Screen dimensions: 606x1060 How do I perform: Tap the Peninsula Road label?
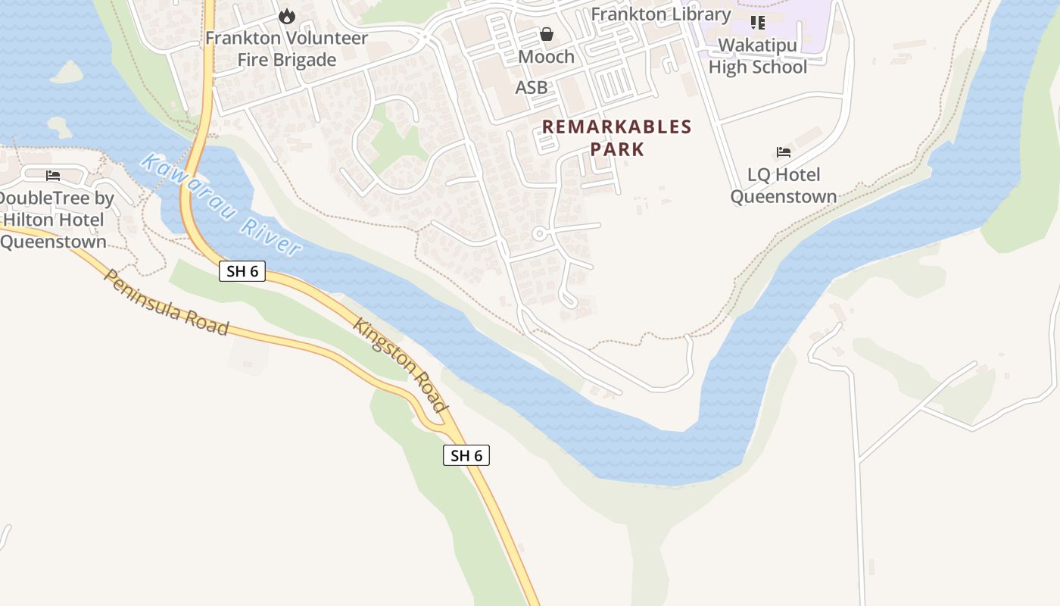click(x=166, y=302)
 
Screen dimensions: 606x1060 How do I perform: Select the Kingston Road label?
click(x=401, y=366)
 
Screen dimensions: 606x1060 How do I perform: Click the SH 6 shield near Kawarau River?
click(x=242, y=271)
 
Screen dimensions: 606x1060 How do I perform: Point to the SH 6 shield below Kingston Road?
click(x=466, y=455)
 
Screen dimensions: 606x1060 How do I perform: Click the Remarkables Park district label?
click(x=617, y=138)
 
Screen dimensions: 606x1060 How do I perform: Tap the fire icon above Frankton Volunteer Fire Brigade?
click(x=286, y=16)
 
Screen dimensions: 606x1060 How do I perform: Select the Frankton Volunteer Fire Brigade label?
click(x=286, y=48)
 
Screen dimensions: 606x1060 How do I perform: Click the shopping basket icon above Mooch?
click(x=547, y=34)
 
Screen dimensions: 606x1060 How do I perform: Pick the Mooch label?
click(x=547, y=57)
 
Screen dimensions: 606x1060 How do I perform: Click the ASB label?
click(x=532, y=88)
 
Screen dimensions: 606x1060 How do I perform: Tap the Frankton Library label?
click(x=661, y=14)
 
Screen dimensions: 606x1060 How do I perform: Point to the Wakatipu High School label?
click(x=758, y=56)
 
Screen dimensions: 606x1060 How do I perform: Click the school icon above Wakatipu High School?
click(x=758, y=23)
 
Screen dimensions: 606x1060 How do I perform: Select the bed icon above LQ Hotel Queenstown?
click(x=784, y=152)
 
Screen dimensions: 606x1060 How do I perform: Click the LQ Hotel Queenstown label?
click(x=784, y=186)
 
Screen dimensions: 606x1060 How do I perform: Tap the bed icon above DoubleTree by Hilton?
click(x=53, y=176)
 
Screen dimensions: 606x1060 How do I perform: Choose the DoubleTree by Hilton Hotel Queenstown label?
click(x=55, y=220)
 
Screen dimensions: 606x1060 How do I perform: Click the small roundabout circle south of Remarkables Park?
click(x=539, y=234)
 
